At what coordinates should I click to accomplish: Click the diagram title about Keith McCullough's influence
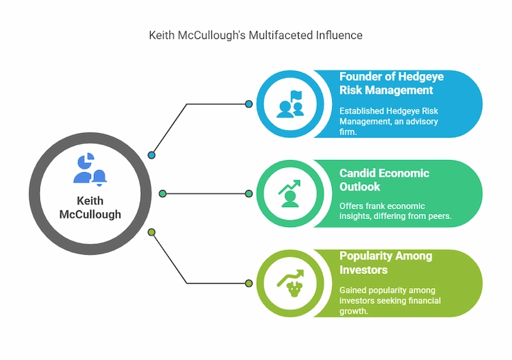pos(255,35)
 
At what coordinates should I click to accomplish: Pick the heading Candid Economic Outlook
pos(384,180)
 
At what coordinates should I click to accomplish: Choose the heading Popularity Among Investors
pos(385,263)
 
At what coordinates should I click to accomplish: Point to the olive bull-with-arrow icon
pos(289,283)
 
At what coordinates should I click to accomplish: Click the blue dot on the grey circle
pos(151,155)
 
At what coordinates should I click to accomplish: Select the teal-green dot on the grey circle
pos(163,194)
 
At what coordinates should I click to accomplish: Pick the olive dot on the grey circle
pos(151,232)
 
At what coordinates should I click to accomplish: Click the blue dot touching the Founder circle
pos(248,104)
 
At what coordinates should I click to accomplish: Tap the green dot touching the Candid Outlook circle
pos(248,194)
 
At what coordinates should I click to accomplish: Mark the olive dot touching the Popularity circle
pos(248,283)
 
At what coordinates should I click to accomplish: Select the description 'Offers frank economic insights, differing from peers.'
pos(395,211)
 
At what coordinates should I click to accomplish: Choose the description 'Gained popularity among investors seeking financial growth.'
pos(390,301)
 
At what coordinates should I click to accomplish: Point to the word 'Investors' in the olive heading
pos(363,270)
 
